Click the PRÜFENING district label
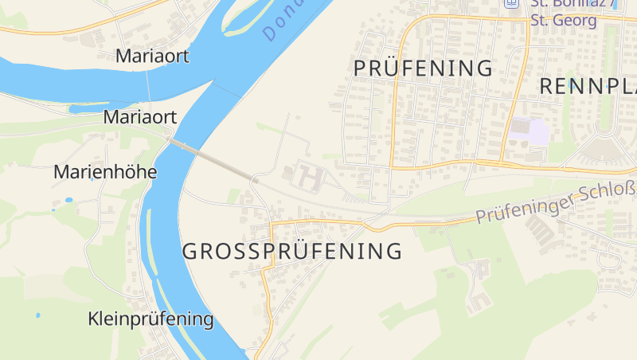[x=423, y=68]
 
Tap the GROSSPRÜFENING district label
[x=291, y=252]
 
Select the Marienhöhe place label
[x=105, y=172]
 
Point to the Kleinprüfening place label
[x=150, y=319]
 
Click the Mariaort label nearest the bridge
[x=140, y=117]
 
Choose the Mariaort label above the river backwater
[x=152, y=56]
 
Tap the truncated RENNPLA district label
[x=588, y=86]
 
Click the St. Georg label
[x=564, y=20]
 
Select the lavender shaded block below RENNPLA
[x=530, y=131]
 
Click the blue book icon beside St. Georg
[x=512, y=3]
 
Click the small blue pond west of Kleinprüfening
[x=37, y=315]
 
